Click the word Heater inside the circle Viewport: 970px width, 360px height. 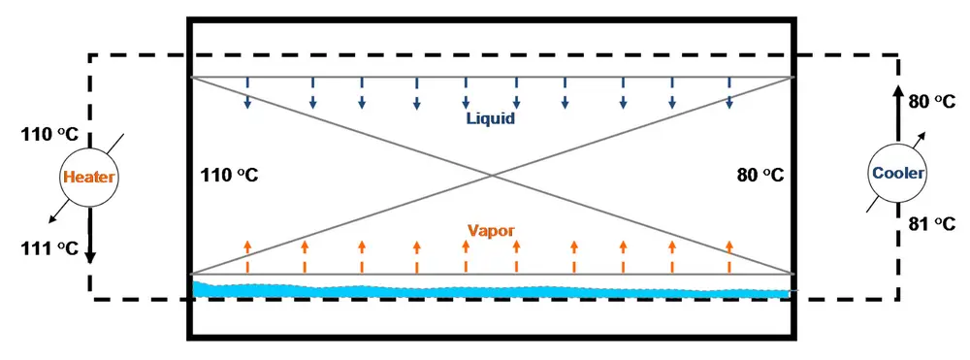88,178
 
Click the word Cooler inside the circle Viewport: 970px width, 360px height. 897,174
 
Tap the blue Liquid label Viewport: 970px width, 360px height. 489,119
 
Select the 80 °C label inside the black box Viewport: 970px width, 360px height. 760,176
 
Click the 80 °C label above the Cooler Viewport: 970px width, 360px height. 931,100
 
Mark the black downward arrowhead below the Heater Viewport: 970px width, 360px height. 90,257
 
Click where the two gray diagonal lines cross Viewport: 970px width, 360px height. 494,176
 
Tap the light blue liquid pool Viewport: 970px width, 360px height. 485,290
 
